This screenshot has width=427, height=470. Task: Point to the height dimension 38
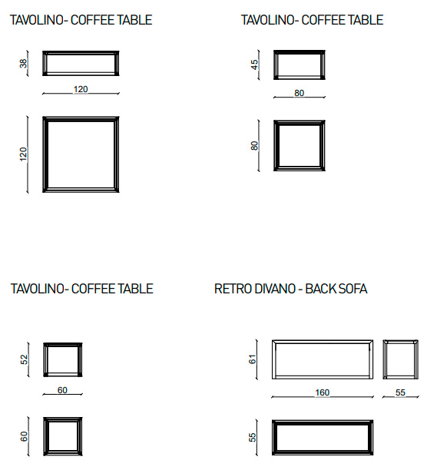pyautogui.click(x=23, y=64)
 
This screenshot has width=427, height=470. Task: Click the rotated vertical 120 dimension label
pyautogui.click(x=23, y=154)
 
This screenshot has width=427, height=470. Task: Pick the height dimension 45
pyautogui.click(x=254, y=65)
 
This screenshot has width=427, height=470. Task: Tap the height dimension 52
pyautogui.click(x=24, y=359)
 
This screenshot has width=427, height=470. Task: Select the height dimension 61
pyautogui.click(x=253, y=359)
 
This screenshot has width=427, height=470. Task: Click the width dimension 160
pyautogui.click(x=322, y=392)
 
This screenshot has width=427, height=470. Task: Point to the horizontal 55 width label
pyautogui.click(x=400, y=392)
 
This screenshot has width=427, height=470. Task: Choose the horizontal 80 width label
pyautogui.click(x=299, y=93)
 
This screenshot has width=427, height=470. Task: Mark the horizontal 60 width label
pyautogui.click(x=62, y=390)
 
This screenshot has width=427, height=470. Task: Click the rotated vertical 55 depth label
pyautogui.click(x=253, y=437)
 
